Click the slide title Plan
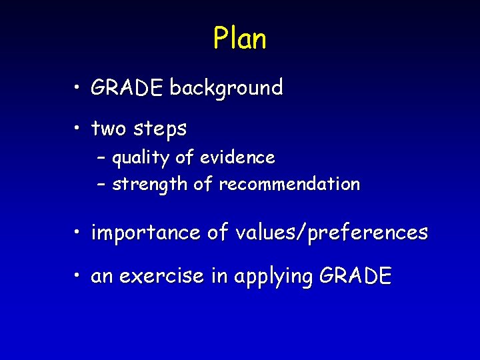tap(240, 39)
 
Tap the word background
tap(226, 87)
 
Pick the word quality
tap(141, 159)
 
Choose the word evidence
tap(237, 157)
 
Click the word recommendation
tap(289, 183)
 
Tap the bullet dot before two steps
tap(78, 129)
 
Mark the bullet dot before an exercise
tap(78, 275)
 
